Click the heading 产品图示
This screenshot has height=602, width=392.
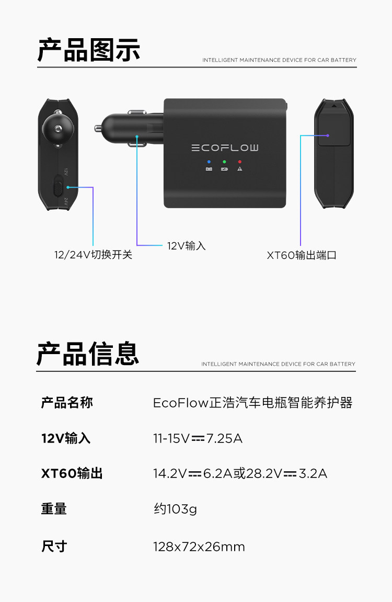89,51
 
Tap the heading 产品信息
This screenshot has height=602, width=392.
88,354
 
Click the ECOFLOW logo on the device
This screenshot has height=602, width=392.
225,148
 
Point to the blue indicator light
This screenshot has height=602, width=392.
209,162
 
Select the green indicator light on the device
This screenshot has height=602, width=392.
224,162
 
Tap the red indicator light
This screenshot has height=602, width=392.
239,162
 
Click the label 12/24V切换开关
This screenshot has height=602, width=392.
93,255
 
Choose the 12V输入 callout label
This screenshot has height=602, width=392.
187,246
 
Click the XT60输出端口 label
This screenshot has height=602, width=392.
302,255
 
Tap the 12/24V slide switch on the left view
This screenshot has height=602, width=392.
59,186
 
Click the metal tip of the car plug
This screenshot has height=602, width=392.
99,127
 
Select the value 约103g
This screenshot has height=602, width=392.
175,509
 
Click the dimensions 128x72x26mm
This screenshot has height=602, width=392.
199,547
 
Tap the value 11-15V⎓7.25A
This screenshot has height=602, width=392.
198,438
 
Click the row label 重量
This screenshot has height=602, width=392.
54,509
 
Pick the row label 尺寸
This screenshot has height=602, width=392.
54,547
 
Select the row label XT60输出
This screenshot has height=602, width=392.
72,474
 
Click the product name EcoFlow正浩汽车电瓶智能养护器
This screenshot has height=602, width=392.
252,403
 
